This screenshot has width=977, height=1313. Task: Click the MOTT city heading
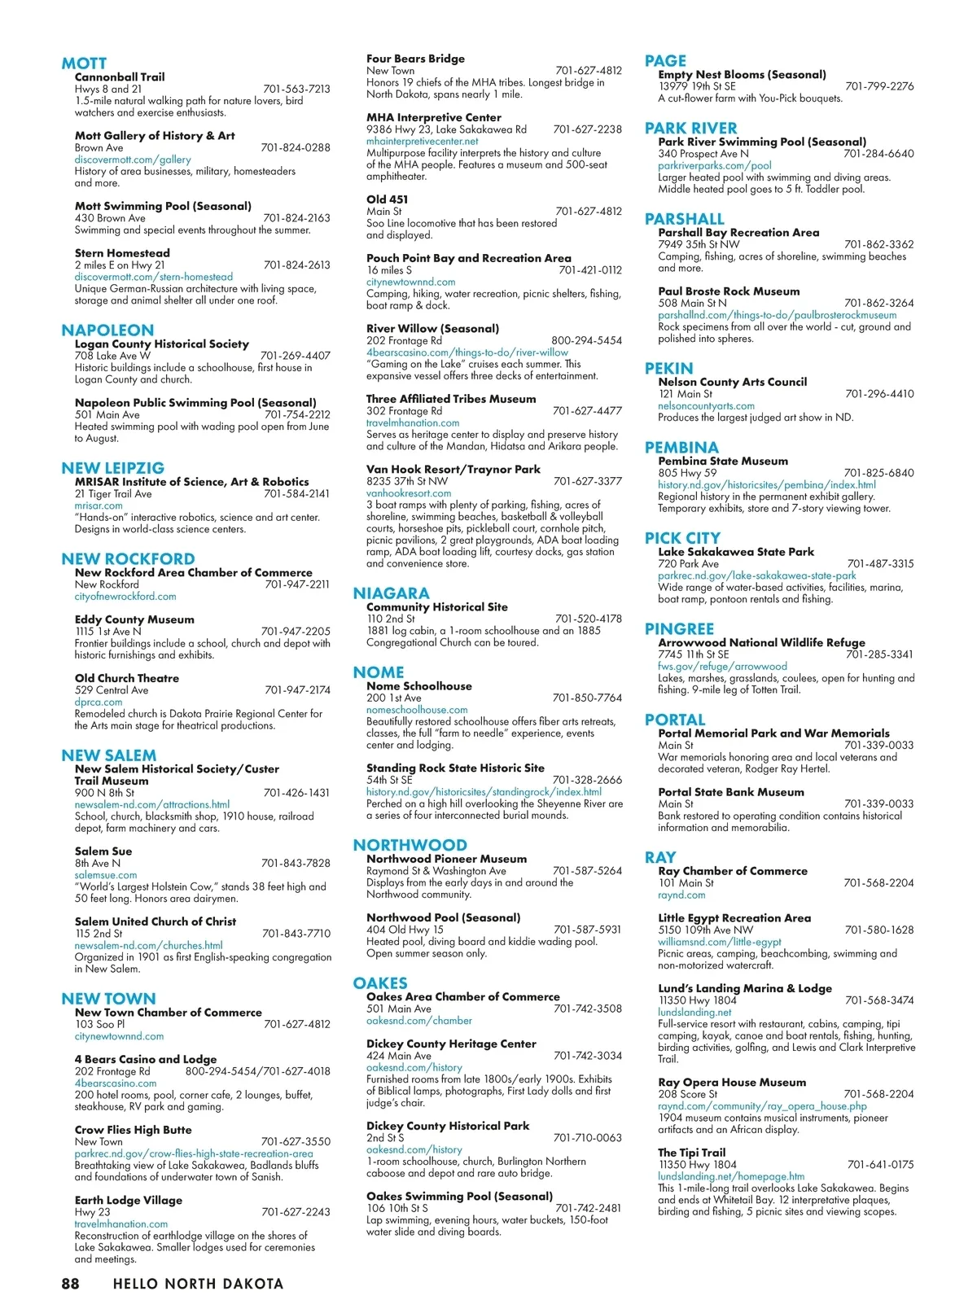[84, 63]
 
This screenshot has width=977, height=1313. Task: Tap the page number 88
[71, 1284]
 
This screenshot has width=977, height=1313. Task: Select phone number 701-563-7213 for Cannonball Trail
[296, 90]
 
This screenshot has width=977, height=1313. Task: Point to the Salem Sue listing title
[103, 851]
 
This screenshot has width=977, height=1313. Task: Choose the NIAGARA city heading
[391, 593]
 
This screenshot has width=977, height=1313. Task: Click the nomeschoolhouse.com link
[417, 710]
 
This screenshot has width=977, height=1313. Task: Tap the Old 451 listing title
[388, 199]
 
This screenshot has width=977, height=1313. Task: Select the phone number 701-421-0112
[589, 270]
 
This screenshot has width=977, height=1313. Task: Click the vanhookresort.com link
[409, 493]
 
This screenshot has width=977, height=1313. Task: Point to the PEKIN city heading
[668, 369]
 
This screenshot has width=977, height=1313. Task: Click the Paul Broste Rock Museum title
[729, 291]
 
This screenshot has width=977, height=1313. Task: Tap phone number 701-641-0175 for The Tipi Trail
[880, 1165]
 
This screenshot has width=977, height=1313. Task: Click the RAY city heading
[660, 857]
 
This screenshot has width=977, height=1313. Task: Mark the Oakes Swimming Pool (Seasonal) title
[459, 1197]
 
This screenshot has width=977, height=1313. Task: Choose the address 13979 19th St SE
[697, 86]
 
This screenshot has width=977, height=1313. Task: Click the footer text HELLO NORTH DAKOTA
[198, 1284]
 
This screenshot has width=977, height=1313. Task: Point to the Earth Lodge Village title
[129, 1201]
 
